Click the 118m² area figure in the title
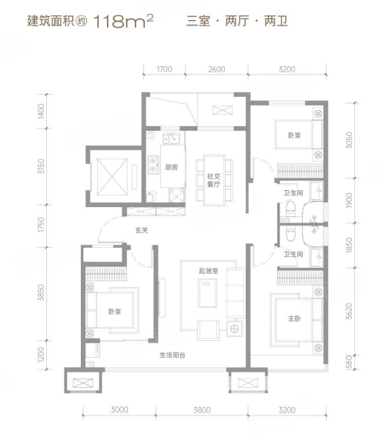click(123, 21)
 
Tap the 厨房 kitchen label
click(171, 167)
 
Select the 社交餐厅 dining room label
click(213, 180)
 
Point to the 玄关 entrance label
click(142, 230)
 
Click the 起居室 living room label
click(208, 271)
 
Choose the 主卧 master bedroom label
click(294, 319)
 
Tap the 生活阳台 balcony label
click(173, 355)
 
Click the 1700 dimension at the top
click(164, 69)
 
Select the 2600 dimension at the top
click(216, 69)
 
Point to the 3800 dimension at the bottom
click(202, 410)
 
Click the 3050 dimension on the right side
click(350, 140)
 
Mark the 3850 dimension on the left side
click(41, 292)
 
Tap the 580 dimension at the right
click(350, 362)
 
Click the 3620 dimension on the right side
click(350, 312)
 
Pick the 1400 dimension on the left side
click(41, 112)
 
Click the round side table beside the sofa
click(234, 329)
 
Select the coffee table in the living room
click(208, 293)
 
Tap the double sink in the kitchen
click(171, 139)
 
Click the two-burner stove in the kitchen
click(153, 165)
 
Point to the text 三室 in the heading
click(198, 22)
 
